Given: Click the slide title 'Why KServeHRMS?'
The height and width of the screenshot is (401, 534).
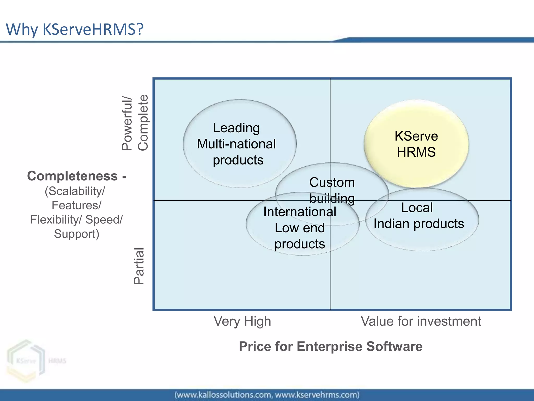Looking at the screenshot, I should pos(75,29).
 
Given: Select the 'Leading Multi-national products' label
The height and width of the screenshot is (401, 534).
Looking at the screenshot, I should pos(236,144).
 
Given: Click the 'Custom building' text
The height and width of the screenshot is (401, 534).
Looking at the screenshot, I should pos(332,190).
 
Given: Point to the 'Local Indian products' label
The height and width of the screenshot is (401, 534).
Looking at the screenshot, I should pos(418,216).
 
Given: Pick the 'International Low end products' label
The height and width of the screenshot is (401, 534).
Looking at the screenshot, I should pos(300,228).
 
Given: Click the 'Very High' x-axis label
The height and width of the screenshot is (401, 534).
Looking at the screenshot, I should pos(242,321).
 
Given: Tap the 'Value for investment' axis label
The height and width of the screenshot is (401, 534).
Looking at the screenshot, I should pos(421,321).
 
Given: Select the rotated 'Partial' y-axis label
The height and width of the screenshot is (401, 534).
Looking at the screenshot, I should pos(139,266).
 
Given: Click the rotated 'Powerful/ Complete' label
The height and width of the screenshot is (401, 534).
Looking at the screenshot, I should pos(135,123).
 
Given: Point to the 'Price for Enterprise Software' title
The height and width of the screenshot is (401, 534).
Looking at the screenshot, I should pos(330,346).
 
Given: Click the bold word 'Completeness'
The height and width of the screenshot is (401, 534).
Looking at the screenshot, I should pos(72,176).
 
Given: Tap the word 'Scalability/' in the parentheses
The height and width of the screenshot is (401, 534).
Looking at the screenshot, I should pos(75,191).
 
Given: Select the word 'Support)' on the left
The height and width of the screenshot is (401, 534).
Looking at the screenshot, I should pos(76,234).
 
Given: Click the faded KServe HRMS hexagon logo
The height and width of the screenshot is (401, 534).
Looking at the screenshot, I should pos(26,361).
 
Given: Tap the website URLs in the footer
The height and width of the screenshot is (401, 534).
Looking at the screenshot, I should pos(267,395).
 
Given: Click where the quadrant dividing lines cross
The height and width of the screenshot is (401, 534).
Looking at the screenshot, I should pos(330,200).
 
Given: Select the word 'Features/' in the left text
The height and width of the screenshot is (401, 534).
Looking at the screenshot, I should pos(76,205).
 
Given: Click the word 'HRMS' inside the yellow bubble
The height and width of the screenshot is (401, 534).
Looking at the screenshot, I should pos(416,152).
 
